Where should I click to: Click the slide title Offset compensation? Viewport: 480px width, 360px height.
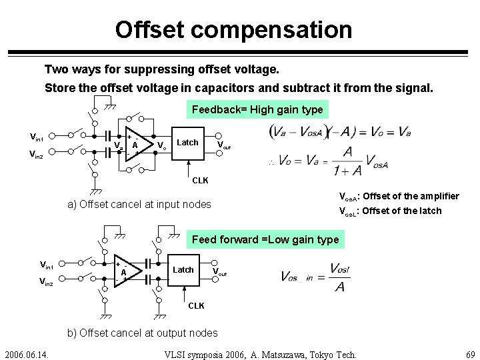pos(233,29)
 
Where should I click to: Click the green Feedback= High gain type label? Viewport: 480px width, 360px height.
pos(257,109)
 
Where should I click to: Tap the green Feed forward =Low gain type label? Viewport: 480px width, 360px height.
pos(265,239)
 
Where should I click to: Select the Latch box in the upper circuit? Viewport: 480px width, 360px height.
pos(188,142)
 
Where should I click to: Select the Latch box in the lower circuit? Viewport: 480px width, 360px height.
pos(183,269)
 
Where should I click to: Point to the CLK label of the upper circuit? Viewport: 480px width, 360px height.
pos(200,180)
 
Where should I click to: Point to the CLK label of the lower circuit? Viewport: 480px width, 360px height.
pos(196,305)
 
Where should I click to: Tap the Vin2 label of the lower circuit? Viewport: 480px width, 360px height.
pos(47,283)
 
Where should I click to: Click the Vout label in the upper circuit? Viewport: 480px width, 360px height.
pos(224,145)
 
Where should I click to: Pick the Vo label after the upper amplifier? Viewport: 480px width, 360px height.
pos(162,145)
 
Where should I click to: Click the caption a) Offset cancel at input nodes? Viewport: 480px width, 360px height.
pos(139,204)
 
